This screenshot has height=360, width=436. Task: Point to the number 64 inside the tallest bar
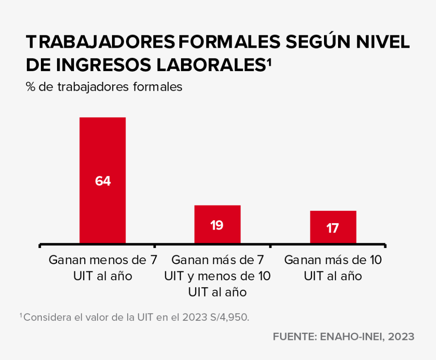tap(103, 181)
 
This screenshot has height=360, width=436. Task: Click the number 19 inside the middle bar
tap(217, 225)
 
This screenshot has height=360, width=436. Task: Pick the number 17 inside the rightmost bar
tap(333, 228)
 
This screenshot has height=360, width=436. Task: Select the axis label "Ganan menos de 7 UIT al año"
tap(103, 268)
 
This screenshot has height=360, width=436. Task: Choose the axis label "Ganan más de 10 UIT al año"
tap(333, 268)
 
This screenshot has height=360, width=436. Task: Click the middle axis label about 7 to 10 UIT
tap(217, 276)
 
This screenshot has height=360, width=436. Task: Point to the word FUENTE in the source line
tap(293, 337)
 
